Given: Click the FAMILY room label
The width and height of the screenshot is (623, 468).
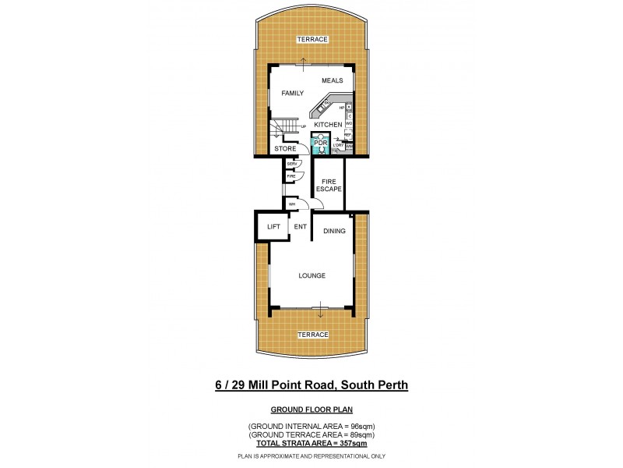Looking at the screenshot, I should tap(293, 94).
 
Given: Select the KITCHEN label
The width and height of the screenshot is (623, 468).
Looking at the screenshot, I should tap(328, 125).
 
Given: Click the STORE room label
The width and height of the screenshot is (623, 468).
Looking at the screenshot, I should tap(284, 148).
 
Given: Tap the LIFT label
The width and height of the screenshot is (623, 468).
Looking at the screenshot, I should tap(273, 227).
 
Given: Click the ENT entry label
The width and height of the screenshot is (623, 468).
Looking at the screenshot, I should tap(300, 227).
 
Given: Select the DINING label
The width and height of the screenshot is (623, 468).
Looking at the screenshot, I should tap(334, 231).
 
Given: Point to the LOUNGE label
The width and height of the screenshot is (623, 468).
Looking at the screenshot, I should tap(311, 275).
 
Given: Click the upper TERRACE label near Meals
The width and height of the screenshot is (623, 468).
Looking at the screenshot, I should tap(311, 39).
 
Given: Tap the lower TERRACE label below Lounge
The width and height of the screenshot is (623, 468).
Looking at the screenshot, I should tap(311, 335).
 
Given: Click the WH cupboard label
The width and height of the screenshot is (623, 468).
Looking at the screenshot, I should tap(292, 204).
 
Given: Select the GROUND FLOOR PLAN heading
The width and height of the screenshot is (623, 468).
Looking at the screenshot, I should tap(311, 409).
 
